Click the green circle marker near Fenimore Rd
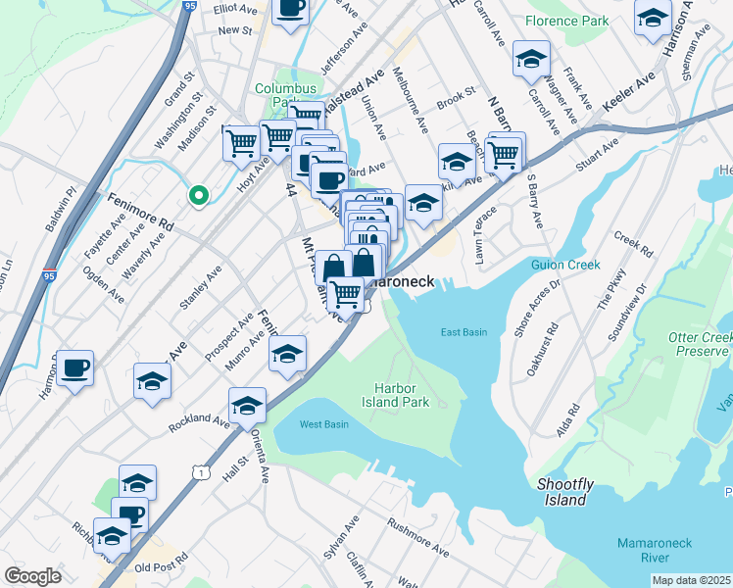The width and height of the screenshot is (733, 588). pyautogui.click(x=199, y=196)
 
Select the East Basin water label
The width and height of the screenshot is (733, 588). pyautogui.click(x=464, y=332)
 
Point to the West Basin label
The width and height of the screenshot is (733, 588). pyautogui.click(x=323, y=424)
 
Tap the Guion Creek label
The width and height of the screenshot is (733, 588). pyautogui.click(x=564, y=265)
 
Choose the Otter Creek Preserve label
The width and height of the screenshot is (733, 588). pyautogui.click(x=701, y=344)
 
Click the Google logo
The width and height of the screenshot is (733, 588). pyautogui.click(x=32, y=576)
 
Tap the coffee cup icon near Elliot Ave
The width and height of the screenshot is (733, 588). pyautogui.click(x=289, y=11)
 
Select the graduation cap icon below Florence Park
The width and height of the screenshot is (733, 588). pyautogui.click(x=531, y=61)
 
